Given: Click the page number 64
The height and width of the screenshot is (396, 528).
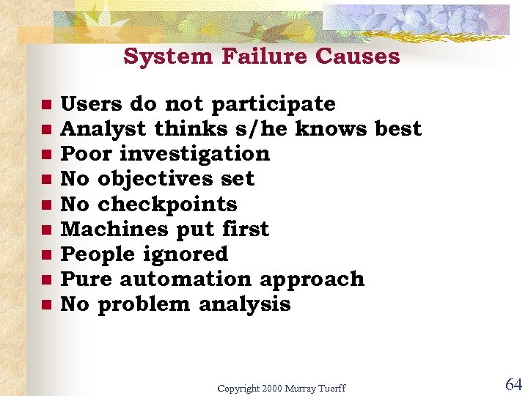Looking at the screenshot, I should tap(513, 384).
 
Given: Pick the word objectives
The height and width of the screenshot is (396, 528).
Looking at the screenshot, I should tap(176, 179).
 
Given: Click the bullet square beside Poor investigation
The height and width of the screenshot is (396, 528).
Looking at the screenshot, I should tap(45, 154).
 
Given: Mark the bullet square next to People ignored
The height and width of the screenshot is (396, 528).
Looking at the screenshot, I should tap(45, 254).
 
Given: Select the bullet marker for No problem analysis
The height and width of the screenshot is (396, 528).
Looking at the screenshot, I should tap(45, 304).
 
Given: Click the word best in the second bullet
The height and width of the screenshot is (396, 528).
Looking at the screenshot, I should tap(397, 129).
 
